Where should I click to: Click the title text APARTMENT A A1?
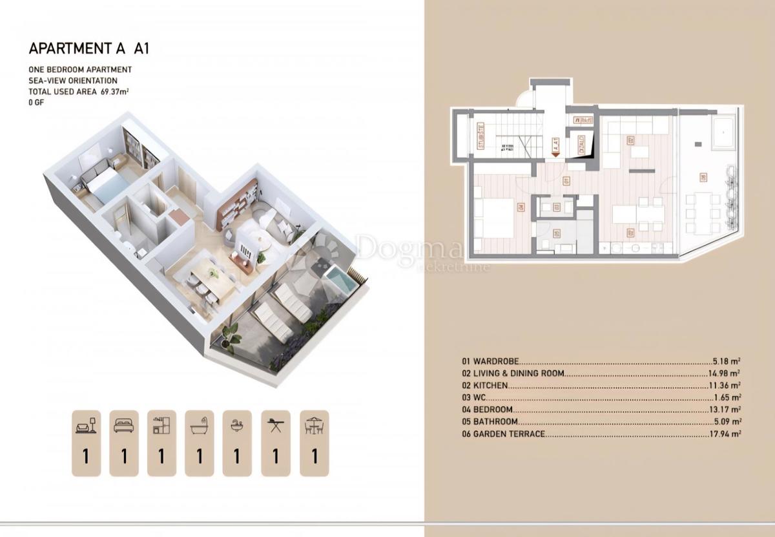tap(90, 48)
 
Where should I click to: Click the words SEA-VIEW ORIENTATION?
tap(73, 81)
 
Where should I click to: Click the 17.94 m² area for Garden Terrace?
tap(727, 434)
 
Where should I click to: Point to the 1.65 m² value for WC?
tap(730, 397)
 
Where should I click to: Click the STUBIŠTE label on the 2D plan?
tap(481, 136)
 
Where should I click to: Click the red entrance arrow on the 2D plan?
tap(555, 155)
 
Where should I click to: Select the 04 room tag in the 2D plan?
tap(521, 207)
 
